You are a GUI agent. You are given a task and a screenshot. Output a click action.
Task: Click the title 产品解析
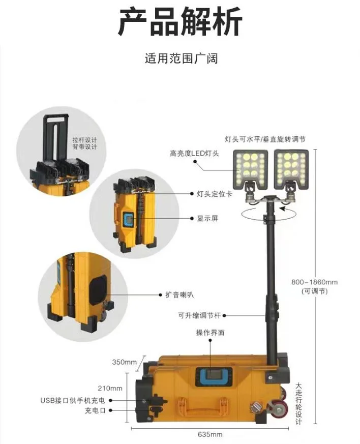coord(180,21)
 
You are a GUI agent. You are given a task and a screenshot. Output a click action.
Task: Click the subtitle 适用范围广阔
coord(181,58)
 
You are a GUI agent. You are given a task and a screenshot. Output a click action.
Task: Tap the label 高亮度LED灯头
coord(195,153)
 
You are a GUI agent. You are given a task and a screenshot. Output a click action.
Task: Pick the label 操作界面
coord(210,333)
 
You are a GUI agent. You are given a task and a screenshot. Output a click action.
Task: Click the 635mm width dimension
coord(210,434)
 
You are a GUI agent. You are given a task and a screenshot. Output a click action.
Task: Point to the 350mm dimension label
coord(125,362)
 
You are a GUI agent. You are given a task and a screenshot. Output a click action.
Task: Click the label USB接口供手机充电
coord(73,400)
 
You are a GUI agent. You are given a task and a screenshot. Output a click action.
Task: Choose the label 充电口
coord(95,410)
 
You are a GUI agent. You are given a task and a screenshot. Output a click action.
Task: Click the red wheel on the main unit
coord(279,409)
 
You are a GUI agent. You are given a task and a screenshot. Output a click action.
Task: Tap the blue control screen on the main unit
coord(213,376)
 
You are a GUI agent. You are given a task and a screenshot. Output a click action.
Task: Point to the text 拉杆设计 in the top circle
coord(84,140)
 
